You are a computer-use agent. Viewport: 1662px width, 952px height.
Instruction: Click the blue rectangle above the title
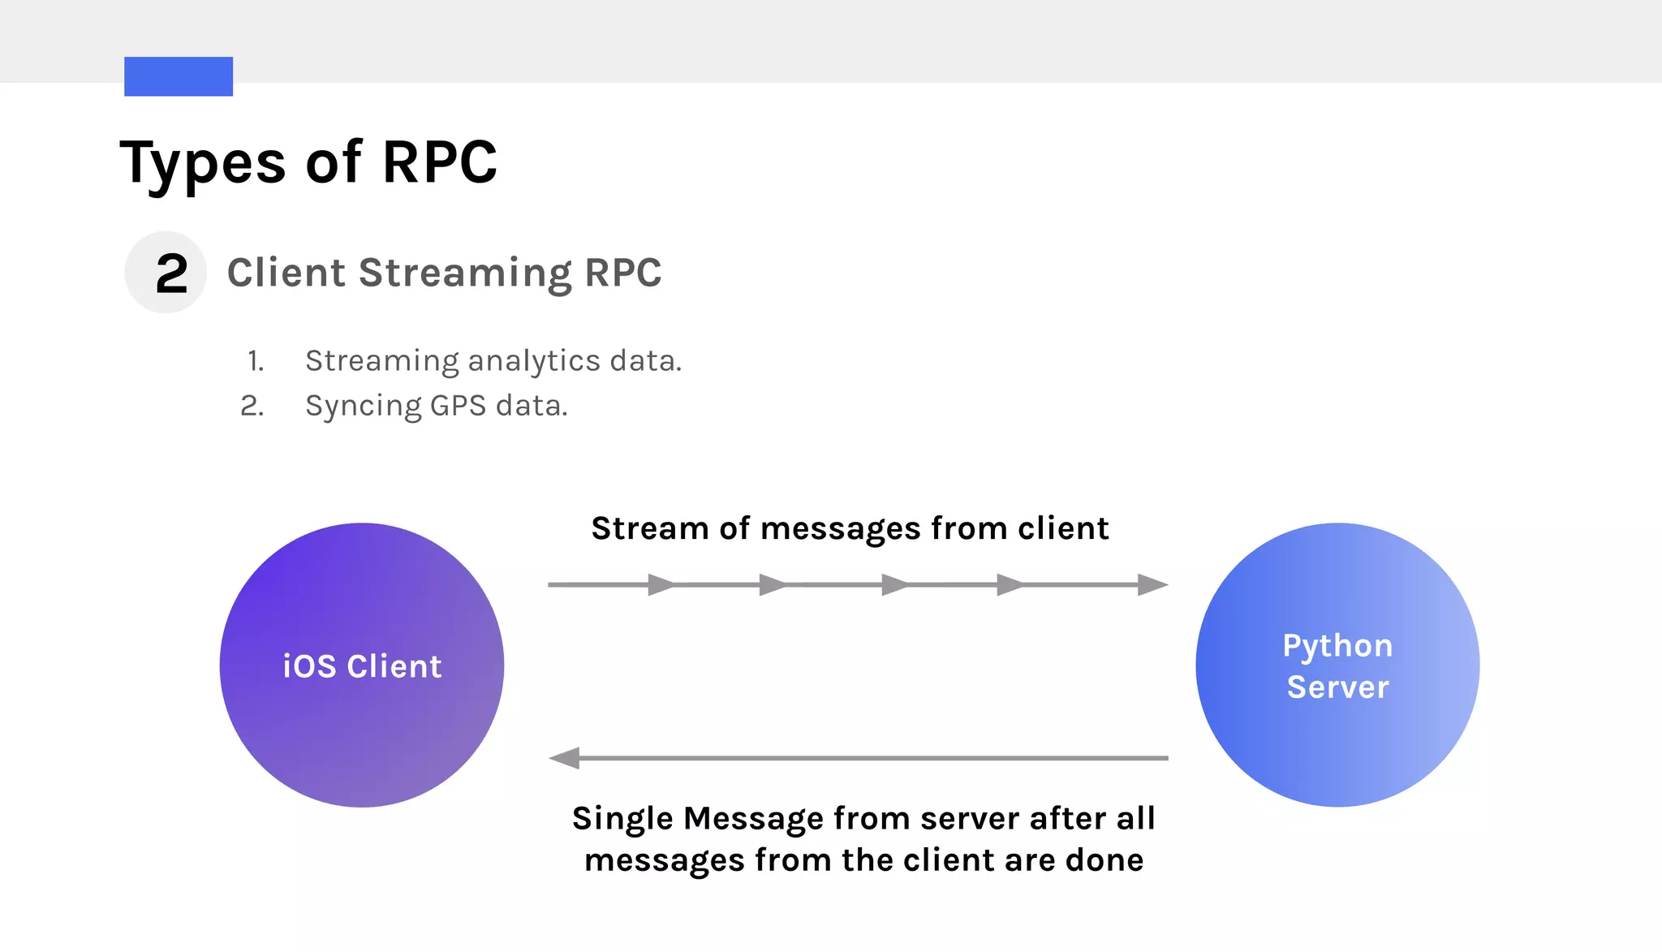click(179, 76)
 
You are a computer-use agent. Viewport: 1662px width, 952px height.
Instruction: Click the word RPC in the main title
click(439, 162)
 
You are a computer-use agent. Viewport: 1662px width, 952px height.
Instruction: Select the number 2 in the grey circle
click(171, 274)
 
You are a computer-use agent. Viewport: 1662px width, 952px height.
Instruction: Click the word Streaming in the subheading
click(465, 274)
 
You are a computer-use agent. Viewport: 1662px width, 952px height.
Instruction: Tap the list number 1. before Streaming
click(256, 361)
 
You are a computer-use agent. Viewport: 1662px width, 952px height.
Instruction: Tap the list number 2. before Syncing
click(252, 405)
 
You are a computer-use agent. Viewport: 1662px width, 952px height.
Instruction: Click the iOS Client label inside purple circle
click(362, 666)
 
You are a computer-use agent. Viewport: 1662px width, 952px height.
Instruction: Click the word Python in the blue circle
click(1337, 646)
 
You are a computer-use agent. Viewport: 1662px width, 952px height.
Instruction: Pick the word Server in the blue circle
click(1337, 687)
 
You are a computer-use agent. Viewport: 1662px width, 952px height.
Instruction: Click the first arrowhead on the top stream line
click(661, 584)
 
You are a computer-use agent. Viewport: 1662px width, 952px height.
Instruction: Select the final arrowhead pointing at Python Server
click(1152, 584)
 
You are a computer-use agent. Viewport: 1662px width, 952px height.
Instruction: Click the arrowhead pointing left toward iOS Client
click(565, 758)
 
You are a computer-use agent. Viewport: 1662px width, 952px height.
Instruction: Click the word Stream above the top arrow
click(650, 528)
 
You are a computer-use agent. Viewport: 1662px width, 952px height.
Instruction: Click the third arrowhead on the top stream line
click(894, 584)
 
